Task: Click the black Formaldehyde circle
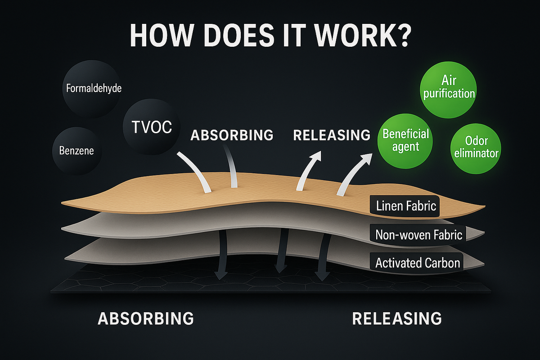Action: pos(93,88)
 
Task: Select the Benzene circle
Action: pos(76,150)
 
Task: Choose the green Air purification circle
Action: pos(449,87)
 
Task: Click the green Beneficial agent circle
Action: pos(405,139)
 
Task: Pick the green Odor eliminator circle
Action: pos(476,147)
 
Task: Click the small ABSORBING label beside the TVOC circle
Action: pos(232,135)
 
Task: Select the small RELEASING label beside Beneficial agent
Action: pos(332,135)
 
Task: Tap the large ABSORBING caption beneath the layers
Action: pos(146,319)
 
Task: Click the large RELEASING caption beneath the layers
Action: pos(396,319)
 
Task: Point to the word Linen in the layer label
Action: pos(389,207)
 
